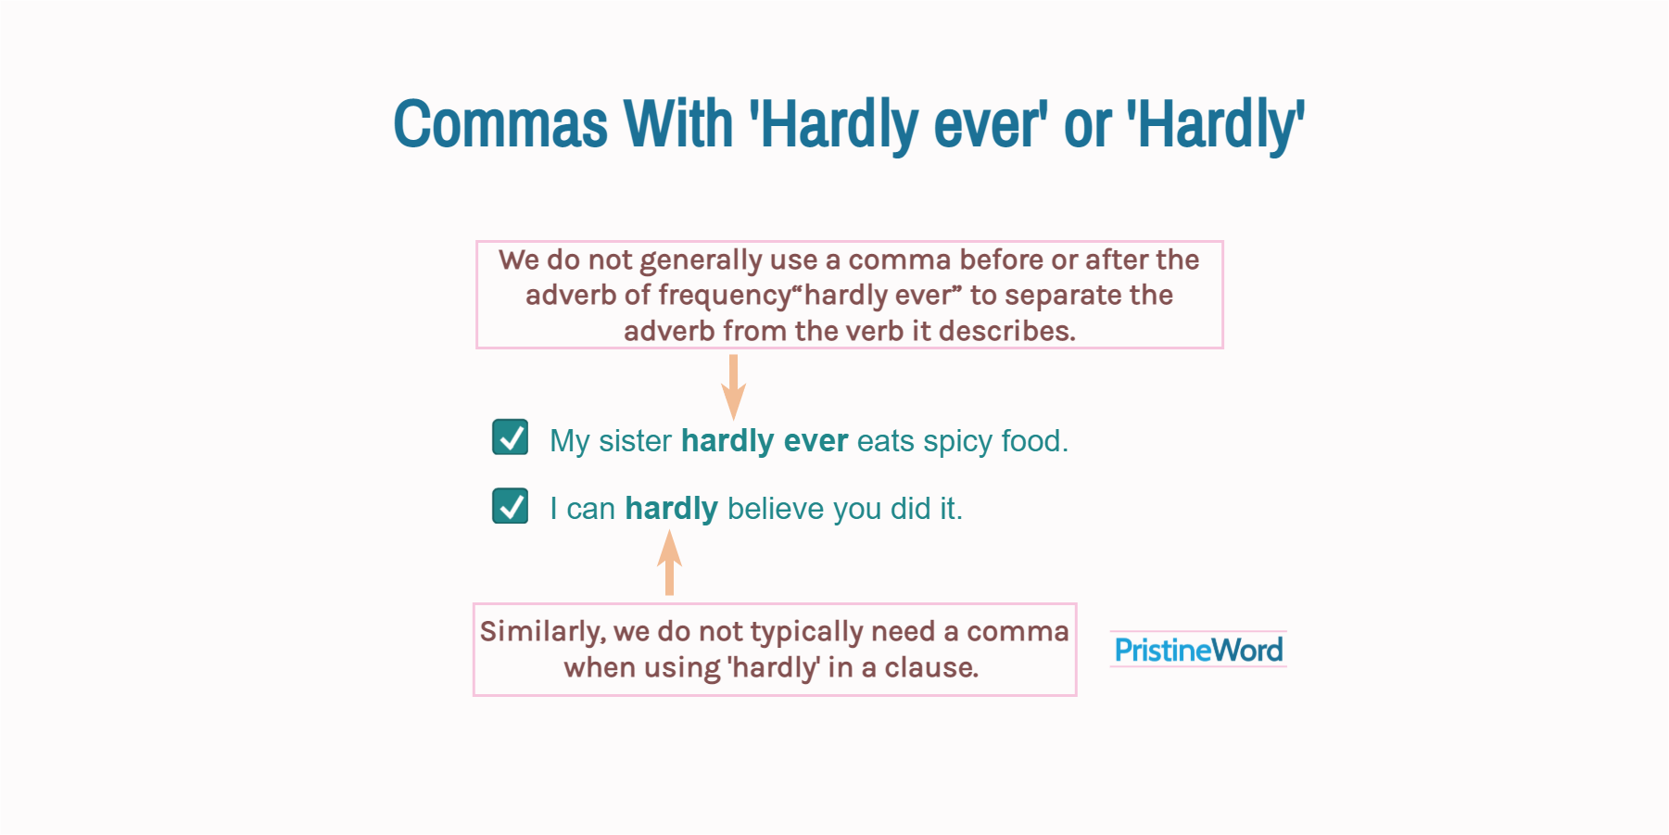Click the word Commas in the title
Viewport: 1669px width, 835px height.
499,124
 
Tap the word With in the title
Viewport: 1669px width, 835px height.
677,124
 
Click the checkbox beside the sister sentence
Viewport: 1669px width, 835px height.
510,437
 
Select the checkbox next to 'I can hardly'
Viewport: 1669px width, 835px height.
510,506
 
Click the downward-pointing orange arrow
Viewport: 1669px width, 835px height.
733,386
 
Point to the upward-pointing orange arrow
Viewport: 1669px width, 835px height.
669,562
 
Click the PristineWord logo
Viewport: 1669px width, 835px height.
1198,650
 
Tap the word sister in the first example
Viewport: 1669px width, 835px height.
635,441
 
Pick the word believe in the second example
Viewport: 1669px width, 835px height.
776,509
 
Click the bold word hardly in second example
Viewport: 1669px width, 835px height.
671,509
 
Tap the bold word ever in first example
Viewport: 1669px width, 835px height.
816,441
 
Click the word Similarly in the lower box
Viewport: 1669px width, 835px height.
542,632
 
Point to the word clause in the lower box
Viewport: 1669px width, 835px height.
930,667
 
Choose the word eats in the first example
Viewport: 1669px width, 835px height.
885,441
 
